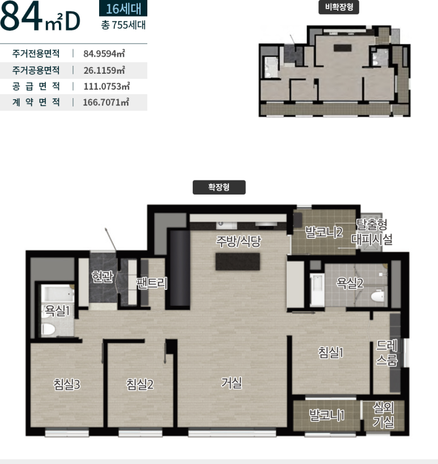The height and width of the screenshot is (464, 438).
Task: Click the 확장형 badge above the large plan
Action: [x=219, y=187]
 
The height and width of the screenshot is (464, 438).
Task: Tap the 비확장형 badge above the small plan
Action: [x=339, y=7]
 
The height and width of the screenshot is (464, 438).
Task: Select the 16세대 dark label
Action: [x=124, y=9]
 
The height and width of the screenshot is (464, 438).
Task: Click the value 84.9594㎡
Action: [x=104, y=53]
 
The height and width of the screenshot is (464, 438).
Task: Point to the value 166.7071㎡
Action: [x=106, y=103]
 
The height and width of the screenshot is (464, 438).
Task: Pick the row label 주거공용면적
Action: [x=36, y=70]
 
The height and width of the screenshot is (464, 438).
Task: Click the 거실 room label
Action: [x=231, y=383]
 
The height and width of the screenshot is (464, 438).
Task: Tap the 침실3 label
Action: [x=67, y=385]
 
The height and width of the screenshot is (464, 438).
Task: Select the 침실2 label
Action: [x=140, y=385]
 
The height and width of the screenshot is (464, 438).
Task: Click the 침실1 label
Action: [x=331, y=352]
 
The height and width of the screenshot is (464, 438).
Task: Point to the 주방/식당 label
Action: [x=239, y=241]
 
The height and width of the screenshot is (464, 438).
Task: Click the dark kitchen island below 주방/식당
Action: [x=237, y=261]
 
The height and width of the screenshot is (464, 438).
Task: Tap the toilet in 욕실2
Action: [x=377, y=296]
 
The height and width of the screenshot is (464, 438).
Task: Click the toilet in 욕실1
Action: [x=48, y=329]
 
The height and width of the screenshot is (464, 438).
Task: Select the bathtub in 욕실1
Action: [x=57, y=293]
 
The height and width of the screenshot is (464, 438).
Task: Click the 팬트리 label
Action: [x=152, y=284]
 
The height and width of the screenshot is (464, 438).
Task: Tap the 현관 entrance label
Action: [x=102, y=277]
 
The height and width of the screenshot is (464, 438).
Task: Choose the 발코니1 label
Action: [x=327, y=415]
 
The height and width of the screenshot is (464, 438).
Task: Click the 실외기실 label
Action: [x=384, y=415]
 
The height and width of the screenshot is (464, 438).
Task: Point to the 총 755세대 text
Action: [x=124, y=25]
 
